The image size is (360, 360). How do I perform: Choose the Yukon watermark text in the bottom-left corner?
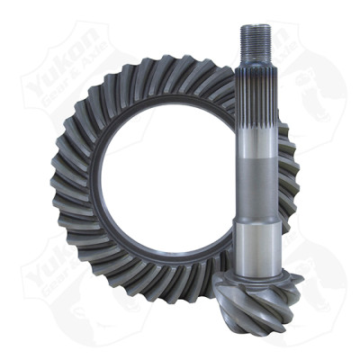coord(49,261)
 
